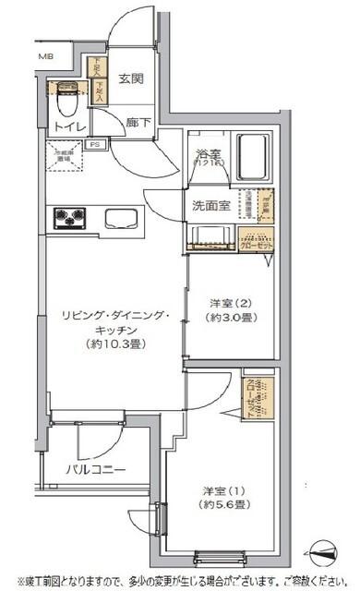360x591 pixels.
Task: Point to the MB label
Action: pos(45,57)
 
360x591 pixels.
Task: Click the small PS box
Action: pos(93,144)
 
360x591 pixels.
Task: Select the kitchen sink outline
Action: pos(124,220)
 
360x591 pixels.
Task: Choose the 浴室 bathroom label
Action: pos(206,154)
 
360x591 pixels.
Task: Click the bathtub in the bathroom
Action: pos(252,152)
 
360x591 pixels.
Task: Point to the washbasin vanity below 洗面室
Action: pos(210,235)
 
